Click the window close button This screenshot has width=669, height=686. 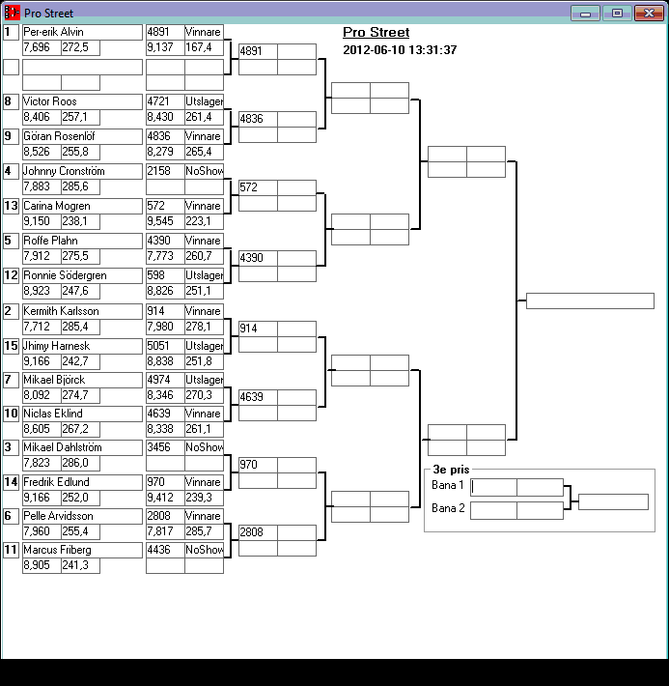646,13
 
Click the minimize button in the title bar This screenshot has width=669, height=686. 584,13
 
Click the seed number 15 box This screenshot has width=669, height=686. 11,346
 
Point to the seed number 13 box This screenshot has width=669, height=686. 11,206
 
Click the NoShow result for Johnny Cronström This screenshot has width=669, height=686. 204,171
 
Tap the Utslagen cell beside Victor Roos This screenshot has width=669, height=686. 204,101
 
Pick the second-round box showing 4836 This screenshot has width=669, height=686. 258,119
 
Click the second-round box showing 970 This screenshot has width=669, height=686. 258,465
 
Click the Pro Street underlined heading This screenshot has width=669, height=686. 376,33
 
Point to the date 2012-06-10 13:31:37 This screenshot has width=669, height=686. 400,49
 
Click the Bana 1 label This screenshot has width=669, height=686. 448,485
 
